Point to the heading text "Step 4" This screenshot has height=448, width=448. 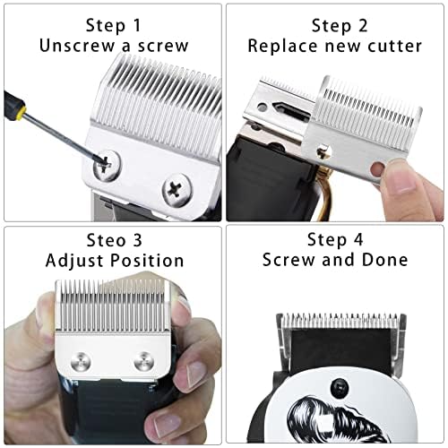(x=336, y=238)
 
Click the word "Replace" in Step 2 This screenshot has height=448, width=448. (x=283, y=45)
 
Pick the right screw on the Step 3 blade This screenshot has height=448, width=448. (x=142, y=361)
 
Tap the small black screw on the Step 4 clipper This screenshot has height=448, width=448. (x=340, y=387)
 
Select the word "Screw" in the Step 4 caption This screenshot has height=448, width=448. (x=289, y=260)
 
